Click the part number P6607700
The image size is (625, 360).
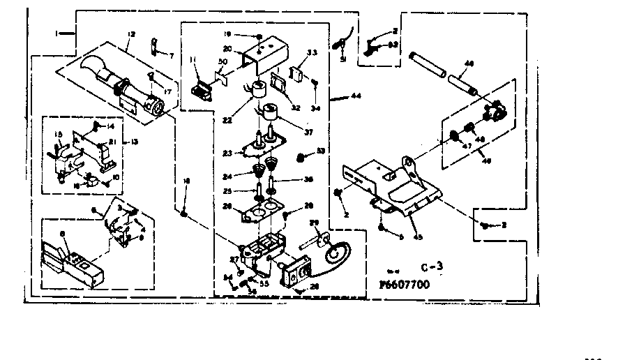coord(405,284)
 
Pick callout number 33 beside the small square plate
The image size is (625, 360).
coord(312,53)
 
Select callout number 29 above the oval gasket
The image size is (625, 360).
coord(313,222)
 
